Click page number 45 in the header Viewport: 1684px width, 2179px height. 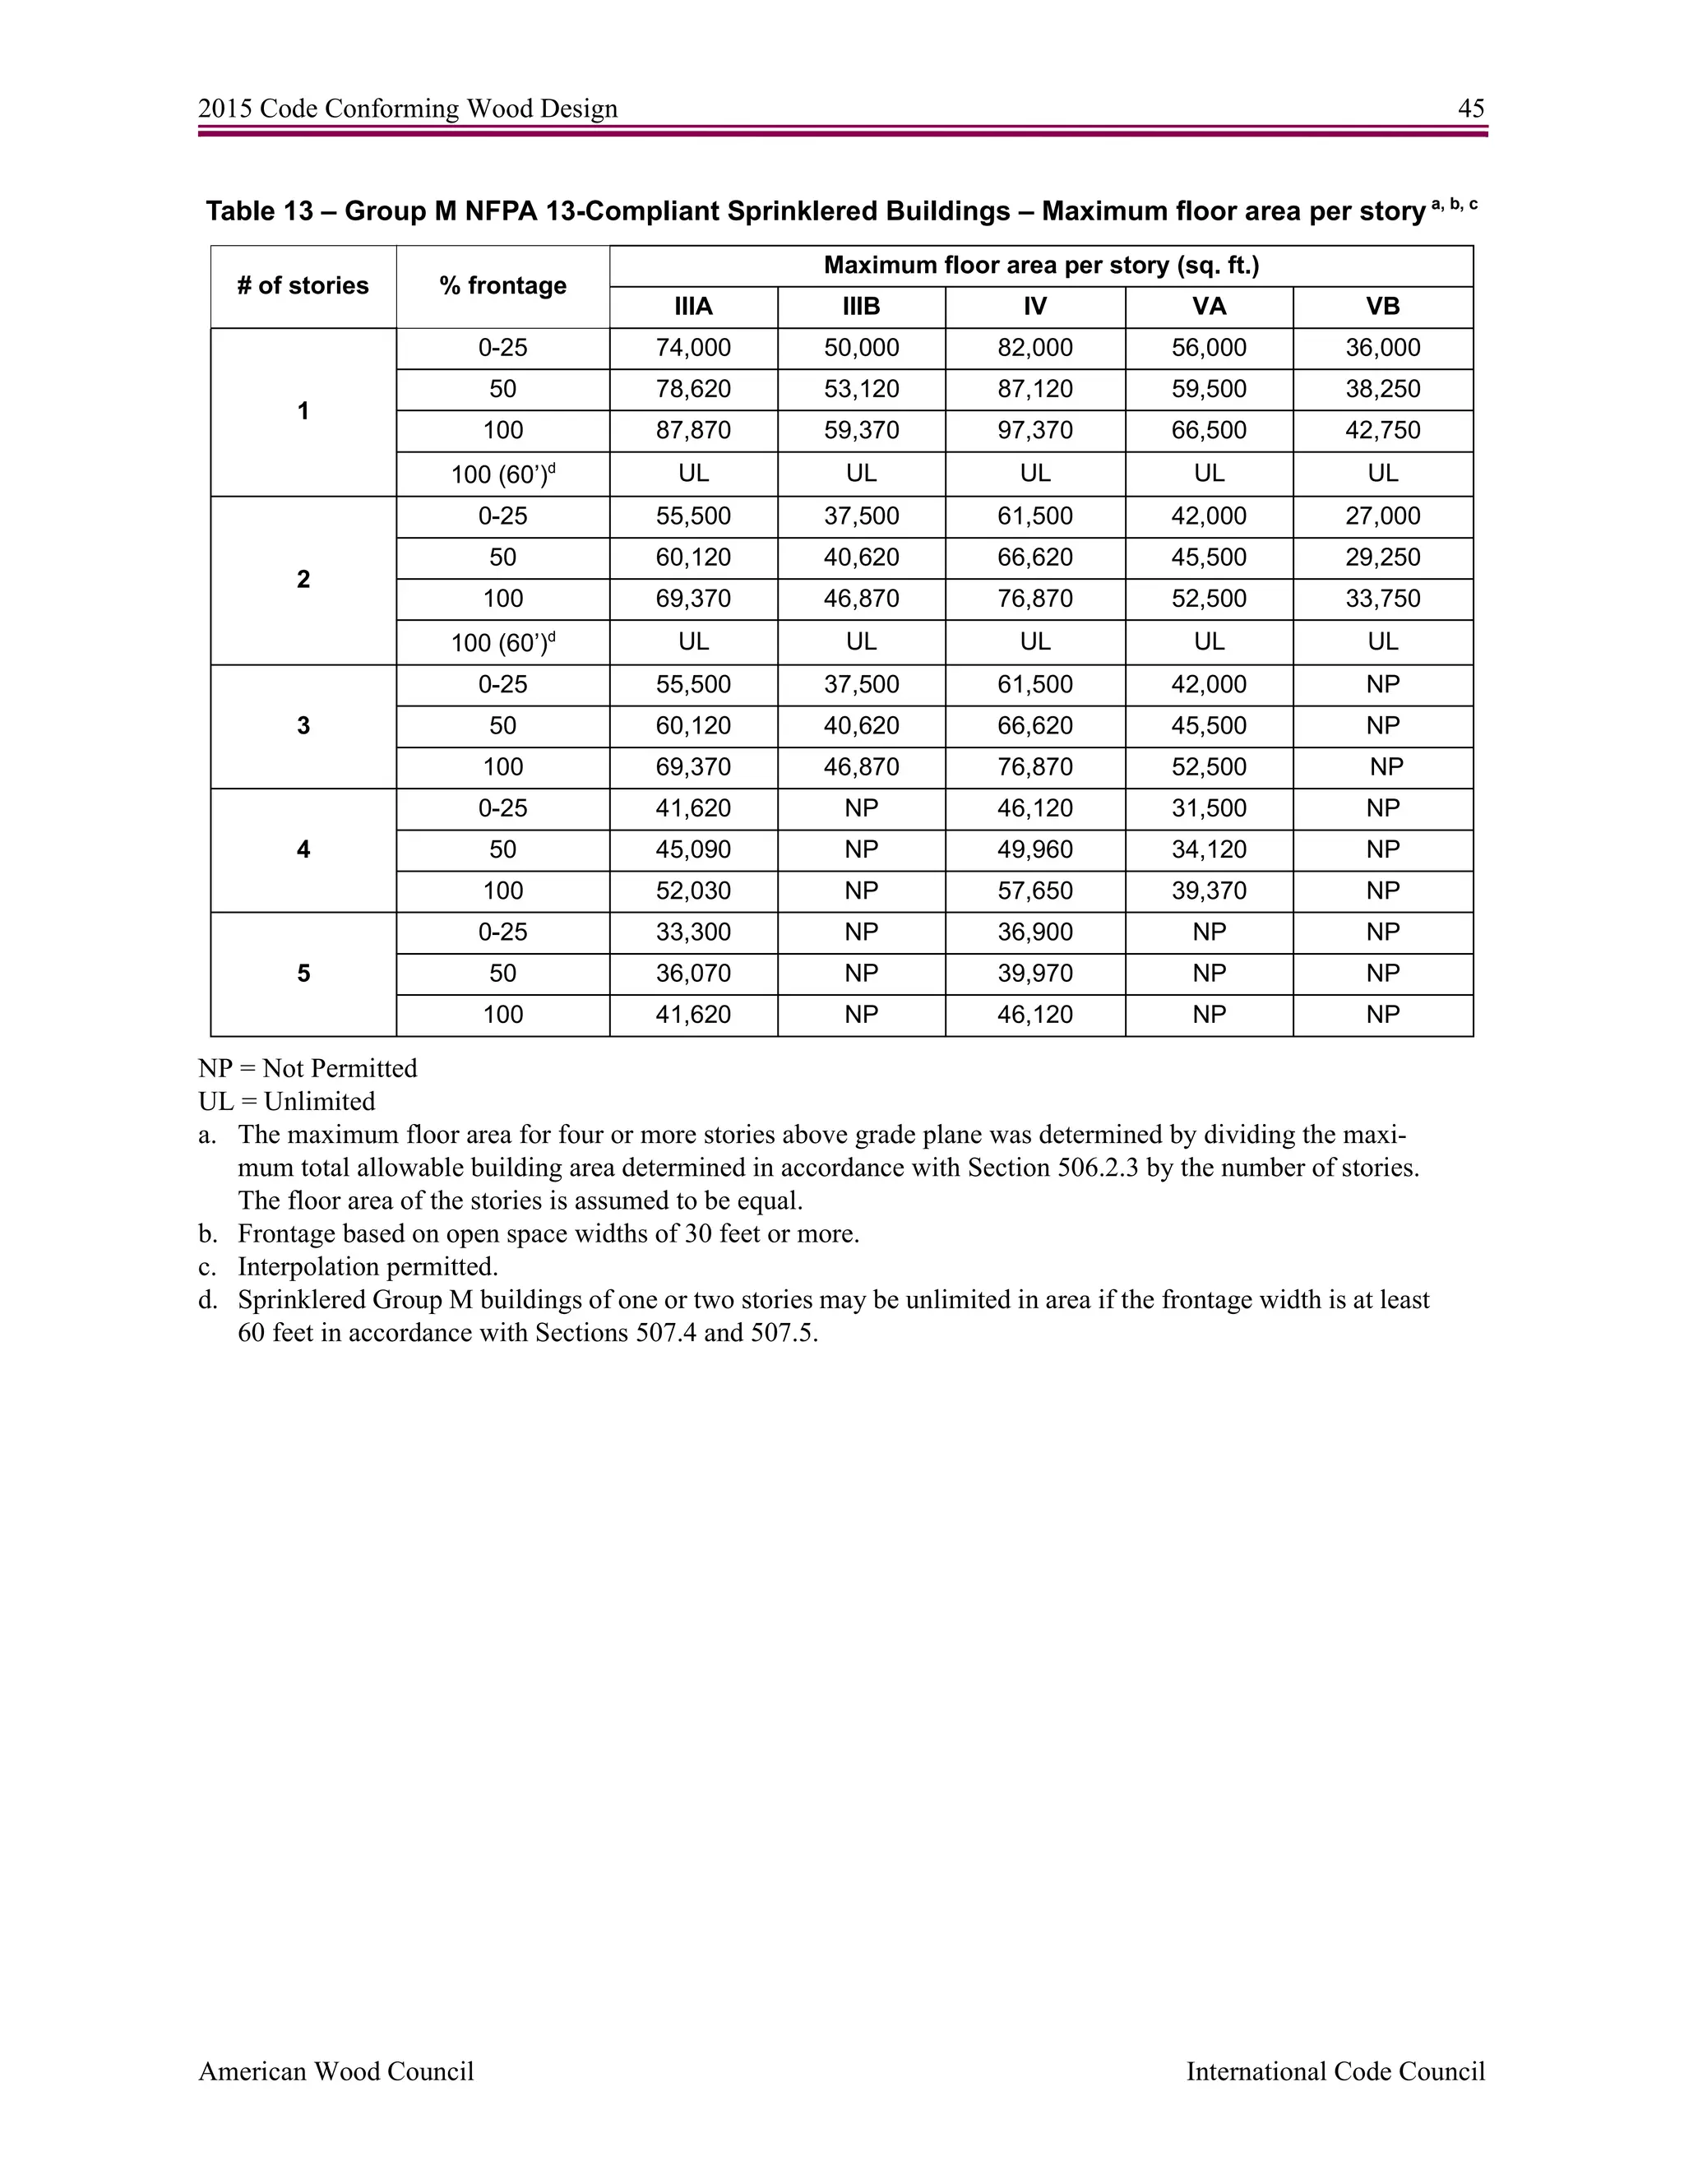point(1470,109)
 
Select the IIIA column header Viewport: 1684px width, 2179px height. point(693,307)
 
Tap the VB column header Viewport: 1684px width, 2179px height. point(1383,307)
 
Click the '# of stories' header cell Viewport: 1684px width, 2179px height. point(303,286)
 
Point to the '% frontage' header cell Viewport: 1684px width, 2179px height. point(502,286)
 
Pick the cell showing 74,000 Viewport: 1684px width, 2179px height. point(693,348)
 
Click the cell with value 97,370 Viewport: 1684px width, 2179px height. point(1034,431)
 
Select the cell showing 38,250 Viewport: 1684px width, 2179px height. point(1383,389)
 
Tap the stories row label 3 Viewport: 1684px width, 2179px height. point(303,726)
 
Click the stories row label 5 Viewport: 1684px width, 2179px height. point(303,974)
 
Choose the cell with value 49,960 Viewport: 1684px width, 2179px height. point(1034,850)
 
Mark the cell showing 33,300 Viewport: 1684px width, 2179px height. point(693,933)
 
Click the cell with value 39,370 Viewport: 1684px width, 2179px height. point(1208,891)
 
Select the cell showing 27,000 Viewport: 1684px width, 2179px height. point(1383,517)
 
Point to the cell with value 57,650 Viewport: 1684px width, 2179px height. point(1034,891)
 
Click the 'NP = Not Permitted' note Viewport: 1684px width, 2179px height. point(308,1069)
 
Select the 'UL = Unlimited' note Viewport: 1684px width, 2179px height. point(286,1102)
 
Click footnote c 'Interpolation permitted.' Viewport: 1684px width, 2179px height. point(367,1267)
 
